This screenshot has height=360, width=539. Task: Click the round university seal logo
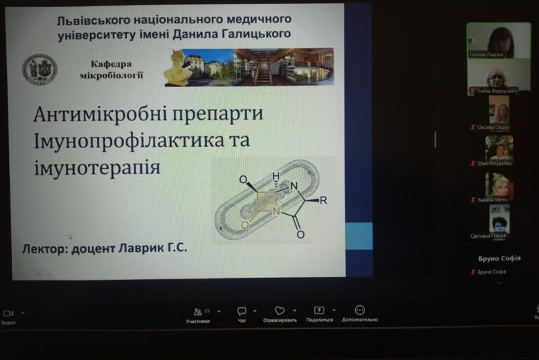[39, 69]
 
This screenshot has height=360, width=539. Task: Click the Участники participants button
[197, 314]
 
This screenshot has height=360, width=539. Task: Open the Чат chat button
[241, 314]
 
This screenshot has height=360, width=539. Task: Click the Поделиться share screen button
[319, 314]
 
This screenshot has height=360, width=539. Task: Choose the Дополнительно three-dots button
[360, 313]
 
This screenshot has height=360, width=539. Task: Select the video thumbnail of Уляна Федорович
[499, 79]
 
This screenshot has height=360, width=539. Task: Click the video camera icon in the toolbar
[8, 313]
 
